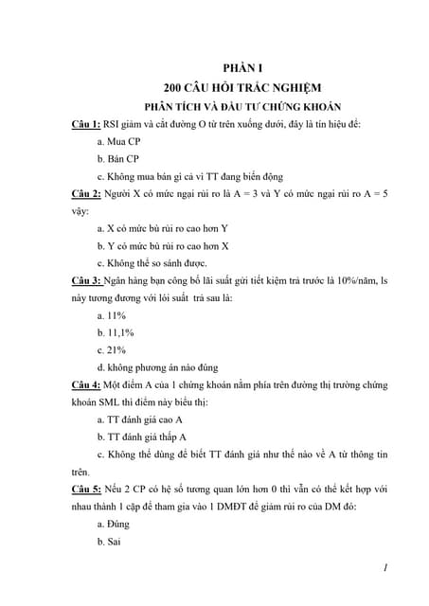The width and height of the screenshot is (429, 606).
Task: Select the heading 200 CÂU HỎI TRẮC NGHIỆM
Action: point(242,87)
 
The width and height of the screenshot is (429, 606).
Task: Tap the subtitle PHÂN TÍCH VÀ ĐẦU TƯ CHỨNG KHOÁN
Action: point(242,106)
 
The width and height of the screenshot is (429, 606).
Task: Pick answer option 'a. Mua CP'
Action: point(119,141)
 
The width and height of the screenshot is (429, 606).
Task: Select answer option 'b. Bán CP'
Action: point(118,159)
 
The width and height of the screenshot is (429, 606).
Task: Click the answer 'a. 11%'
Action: point(112,315)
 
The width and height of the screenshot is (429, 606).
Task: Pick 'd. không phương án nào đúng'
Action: point(158,367)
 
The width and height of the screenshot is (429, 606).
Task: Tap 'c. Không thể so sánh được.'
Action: point(152,263)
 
